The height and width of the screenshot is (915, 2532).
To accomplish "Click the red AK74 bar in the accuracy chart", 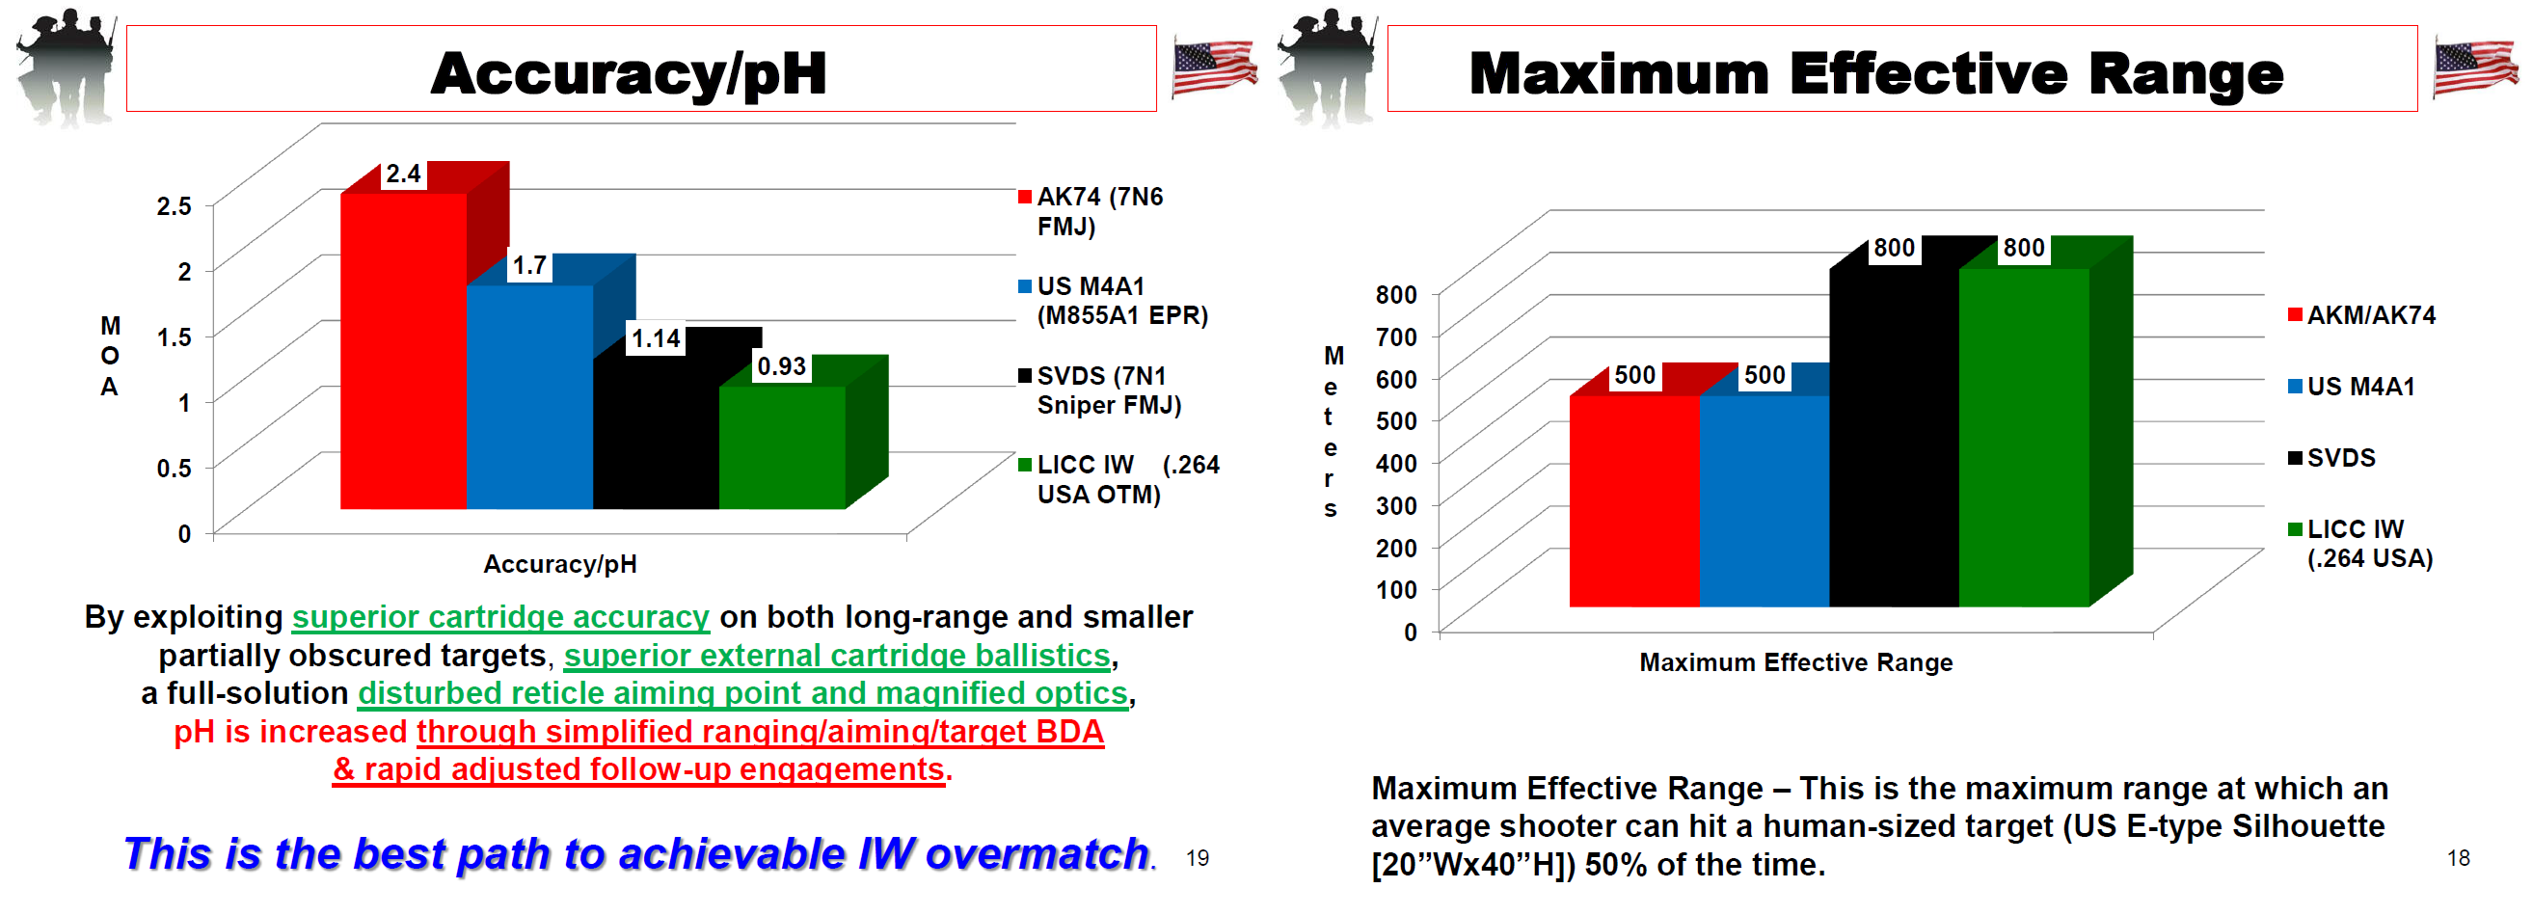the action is tap(404, 351).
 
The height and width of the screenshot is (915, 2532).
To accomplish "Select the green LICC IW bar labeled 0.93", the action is tap(782, 447).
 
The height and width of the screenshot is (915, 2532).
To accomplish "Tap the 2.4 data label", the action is tap(403, 174).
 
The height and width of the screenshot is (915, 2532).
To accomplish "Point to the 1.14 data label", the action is tap(656, 339).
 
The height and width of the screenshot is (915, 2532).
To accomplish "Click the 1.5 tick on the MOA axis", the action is tap(174, 337).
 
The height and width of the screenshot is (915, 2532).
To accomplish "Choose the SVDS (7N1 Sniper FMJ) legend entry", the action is tap(1100, 390).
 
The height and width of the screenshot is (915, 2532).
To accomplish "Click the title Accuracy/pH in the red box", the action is tap(629, 72).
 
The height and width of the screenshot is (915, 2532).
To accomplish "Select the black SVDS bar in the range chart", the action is tap(1894, 438).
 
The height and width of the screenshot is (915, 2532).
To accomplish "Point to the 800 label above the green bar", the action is tap(2024, 248).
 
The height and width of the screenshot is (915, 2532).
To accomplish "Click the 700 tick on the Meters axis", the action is tap(1396, 337).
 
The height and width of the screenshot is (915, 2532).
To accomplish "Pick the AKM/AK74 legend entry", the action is tap(2361, 315).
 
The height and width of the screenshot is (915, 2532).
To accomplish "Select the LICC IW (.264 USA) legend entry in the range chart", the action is tap(2360, 544).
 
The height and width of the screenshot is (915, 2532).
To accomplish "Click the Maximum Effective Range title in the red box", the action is tap(1875, 72).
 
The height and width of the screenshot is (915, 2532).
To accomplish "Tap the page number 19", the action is tap(1198, 858).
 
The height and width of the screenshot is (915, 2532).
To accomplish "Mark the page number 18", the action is tap(2459, 858).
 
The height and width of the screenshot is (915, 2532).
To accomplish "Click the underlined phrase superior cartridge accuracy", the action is tap(500, 617).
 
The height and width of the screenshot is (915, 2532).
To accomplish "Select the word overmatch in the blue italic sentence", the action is tap(1037, 853).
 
